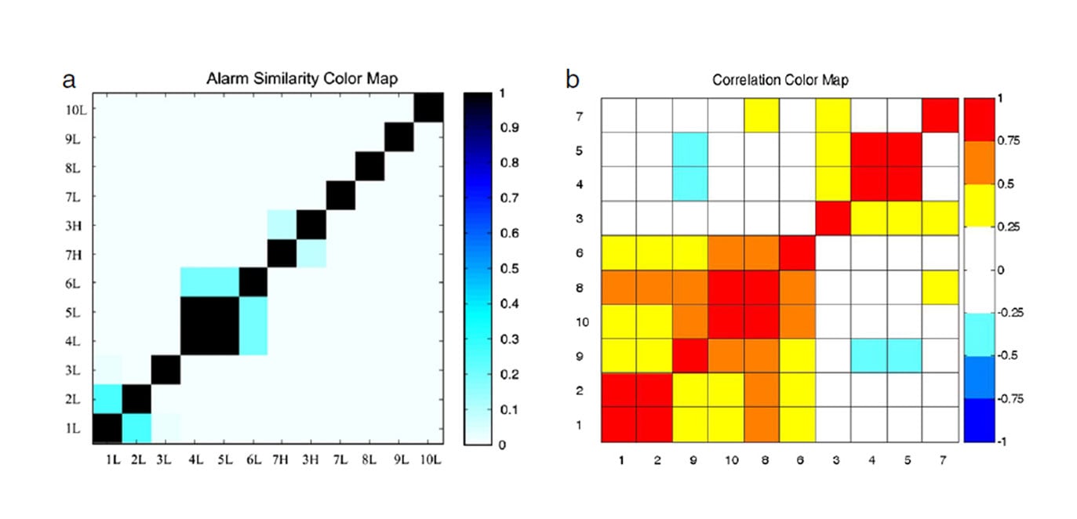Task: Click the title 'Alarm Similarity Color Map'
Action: [302, 78]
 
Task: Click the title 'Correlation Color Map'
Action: [780, 79]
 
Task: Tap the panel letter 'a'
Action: [69, 79]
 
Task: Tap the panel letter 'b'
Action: [573, 78]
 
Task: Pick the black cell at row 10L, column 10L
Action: [428, 108]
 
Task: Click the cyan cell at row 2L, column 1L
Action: [107, 398]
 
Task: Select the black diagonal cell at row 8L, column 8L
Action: [369, 166]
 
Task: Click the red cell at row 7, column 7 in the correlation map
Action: [941, 115]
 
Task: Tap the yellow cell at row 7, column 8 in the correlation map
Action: [762, 115]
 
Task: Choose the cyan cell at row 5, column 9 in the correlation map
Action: [690, 150]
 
